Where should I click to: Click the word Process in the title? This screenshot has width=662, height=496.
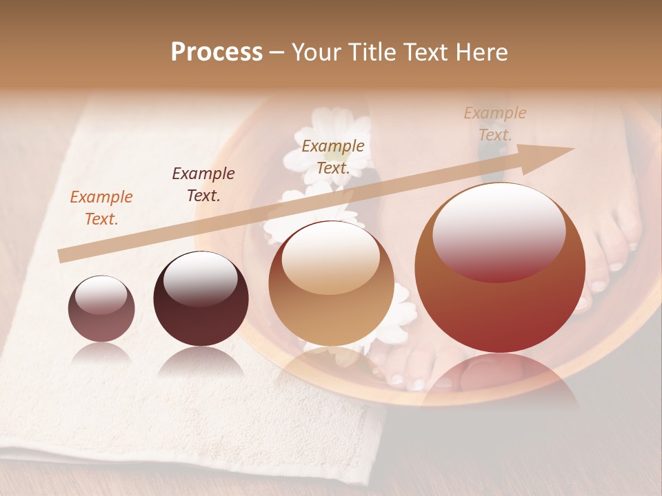coord(217,52)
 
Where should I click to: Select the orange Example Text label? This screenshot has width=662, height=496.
coord(101,208)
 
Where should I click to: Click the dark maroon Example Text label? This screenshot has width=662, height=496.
coord(203,184)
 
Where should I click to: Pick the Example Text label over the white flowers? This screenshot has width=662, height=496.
coord(333,156)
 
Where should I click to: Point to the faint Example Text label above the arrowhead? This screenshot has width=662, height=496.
coord(494,123)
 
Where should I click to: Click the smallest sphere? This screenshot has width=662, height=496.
coord(101,309)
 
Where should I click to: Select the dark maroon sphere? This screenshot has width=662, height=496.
coord(201,298)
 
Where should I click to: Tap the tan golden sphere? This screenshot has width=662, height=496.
coord(331,283)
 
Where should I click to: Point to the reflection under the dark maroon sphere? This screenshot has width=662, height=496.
coord(201,361)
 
